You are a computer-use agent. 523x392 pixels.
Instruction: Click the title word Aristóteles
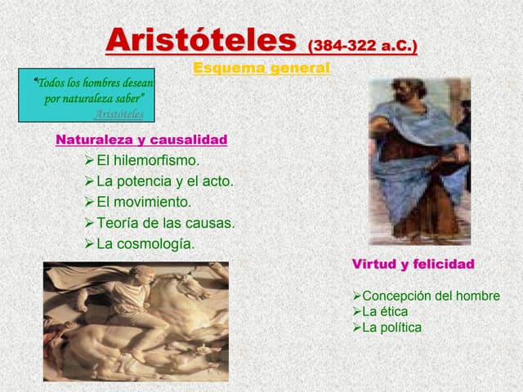(201, 39)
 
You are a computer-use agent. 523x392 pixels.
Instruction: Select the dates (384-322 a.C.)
(362, 45)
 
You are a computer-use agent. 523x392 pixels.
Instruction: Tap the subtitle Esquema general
(261, 69)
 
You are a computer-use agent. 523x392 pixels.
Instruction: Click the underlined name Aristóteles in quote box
(119, 114)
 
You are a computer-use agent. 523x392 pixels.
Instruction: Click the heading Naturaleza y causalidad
(141, 140)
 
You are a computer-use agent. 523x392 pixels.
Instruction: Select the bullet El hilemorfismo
(148, 161)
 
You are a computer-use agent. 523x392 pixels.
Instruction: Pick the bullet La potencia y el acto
(164, 181)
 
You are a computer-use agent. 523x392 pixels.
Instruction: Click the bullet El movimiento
(144, 202)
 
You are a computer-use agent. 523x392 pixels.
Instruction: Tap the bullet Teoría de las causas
(165, 222)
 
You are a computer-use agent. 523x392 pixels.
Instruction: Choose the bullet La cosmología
(145, 243)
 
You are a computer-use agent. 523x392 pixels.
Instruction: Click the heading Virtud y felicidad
(413, 265)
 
